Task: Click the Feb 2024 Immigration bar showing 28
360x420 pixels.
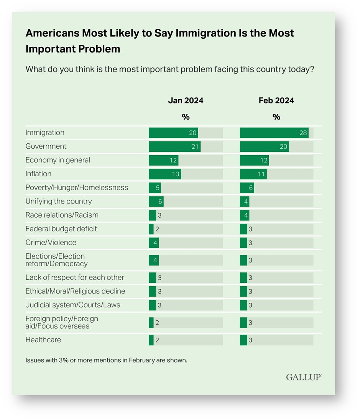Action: tap(274, 133)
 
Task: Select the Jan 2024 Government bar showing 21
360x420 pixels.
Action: tap(174, 147)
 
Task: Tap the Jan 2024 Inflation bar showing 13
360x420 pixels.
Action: tap(165, 174)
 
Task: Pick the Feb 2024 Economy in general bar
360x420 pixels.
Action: tap(254, 160)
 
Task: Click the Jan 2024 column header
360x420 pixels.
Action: tap(186, 101)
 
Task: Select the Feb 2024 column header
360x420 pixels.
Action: tap(276, 101)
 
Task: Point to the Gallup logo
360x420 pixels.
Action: tap(304, 377)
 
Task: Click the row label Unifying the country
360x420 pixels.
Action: tap(59, 202)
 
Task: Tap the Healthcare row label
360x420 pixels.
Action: tap(43, 340)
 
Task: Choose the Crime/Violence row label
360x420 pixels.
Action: tap(51, 243)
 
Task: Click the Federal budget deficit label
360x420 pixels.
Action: tap(61, 229)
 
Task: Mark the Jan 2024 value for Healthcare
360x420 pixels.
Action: tap(157, 340)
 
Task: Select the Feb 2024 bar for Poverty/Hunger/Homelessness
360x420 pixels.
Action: tap(247, 188)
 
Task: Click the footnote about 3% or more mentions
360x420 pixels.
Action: tap(106, 361)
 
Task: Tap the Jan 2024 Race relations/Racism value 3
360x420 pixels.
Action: tap(159, 215)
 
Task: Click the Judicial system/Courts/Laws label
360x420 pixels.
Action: tap(72, 305)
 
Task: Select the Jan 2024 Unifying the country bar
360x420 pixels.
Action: tap(156, 202)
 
